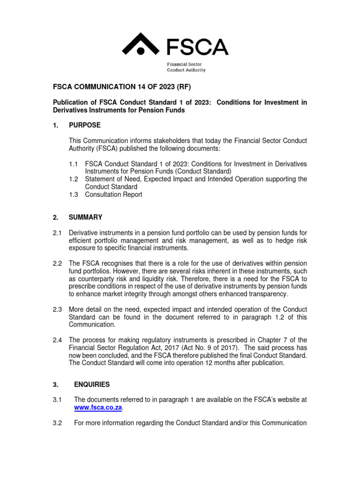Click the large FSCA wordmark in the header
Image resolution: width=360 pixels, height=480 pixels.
(197, 46)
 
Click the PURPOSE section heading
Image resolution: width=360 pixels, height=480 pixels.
(84, 125)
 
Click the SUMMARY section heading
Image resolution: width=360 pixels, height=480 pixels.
(85, 217)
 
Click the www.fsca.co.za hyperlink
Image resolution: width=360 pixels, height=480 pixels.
(98, 408)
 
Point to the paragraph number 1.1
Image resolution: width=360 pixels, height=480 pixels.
(73, 164)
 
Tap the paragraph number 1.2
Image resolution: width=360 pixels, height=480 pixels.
(73, 179)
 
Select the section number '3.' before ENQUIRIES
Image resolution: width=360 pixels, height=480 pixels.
(55, 384)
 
